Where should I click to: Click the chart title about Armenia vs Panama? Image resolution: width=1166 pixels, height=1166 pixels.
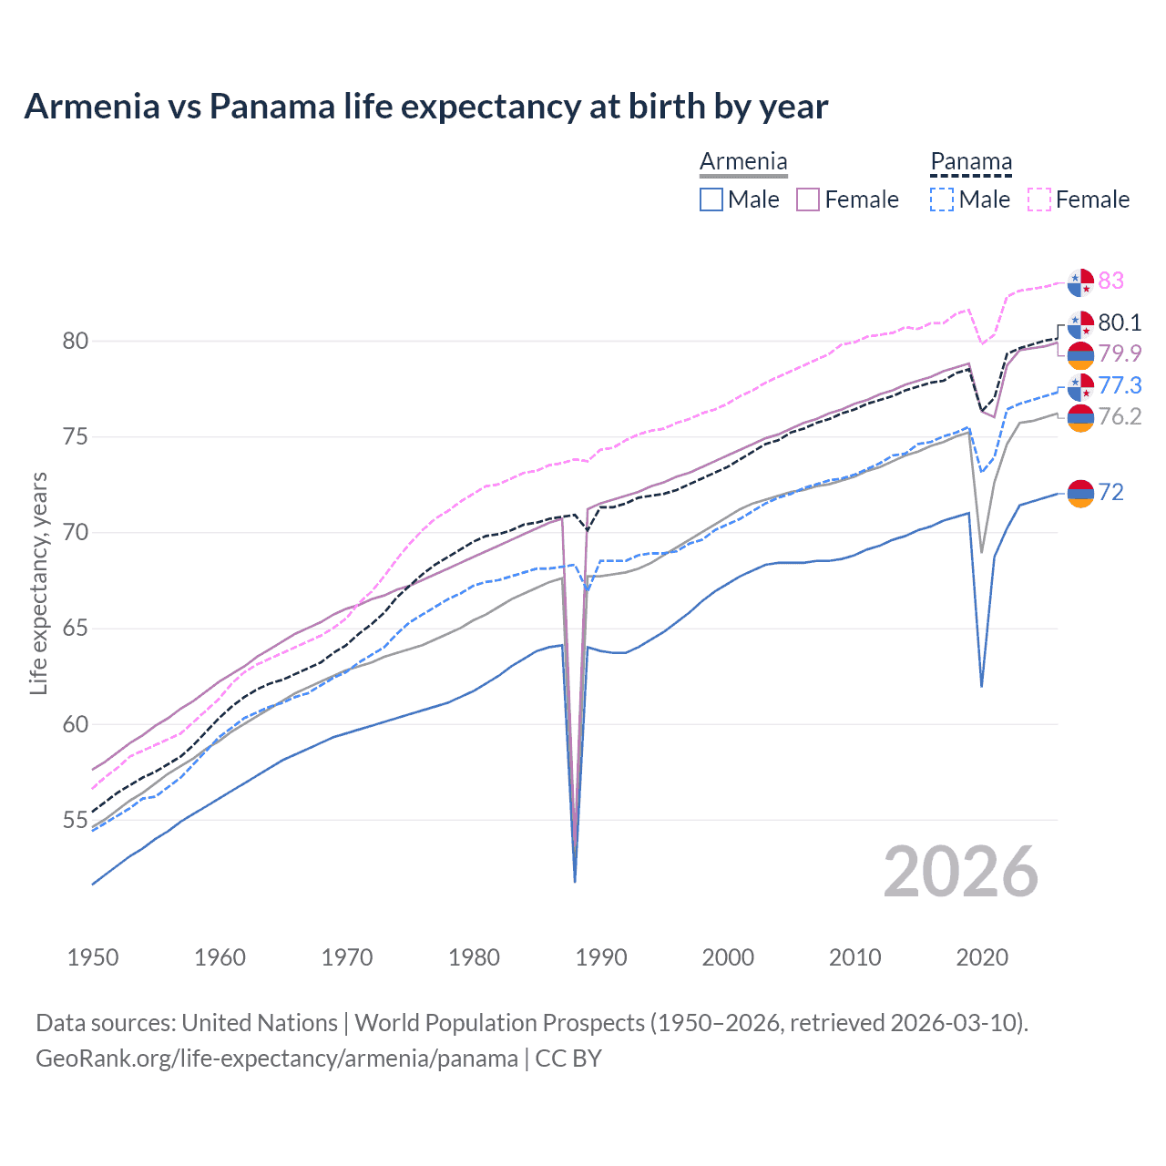pos(425,107)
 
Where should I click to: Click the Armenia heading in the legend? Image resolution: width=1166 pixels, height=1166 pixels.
pos(743,162)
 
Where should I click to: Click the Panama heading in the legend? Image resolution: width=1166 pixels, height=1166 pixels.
pos(970,162)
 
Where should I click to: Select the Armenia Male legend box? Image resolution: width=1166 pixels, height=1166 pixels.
pos(711,199)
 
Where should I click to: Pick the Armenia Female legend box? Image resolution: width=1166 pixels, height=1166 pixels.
pos(808,199)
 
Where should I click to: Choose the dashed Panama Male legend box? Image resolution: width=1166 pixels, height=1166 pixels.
pos(942,199)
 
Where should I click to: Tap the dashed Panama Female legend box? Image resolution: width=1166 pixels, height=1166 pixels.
pos(1039,199)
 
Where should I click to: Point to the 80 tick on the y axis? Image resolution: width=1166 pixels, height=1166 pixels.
pos(75,342)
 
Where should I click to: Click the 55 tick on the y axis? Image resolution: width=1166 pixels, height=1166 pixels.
pos(75,821)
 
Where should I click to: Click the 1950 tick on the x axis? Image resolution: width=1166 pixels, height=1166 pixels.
pos(93,957)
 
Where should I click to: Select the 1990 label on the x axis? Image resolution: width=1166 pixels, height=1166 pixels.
pos(601,957)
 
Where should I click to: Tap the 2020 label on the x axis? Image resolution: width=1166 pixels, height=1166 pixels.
pos(982,957)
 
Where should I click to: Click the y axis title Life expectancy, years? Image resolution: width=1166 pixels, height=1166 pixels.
pos(38,583)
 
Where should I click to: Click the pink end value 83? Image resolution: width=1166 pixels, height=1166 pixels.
pos(1110,281)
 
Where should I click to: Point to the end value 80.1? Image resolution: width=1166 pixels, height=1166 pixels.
pos(1120,322)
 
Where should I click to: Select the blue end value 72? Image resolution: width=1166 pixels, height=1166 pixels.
pos(1110,493)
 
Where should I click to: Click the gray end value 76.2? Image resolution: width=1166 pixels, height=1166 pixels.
pos(1120,417)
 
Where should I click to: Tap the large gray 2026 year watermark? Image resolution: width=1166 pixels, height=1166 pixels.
pos(960,873)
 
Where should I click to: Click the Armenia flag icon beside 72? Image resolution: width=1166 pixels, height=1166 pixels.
pos(1080,493)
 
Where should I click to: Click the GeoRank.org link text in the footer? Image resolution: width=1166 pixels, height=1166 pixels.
pos(276,1059)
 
